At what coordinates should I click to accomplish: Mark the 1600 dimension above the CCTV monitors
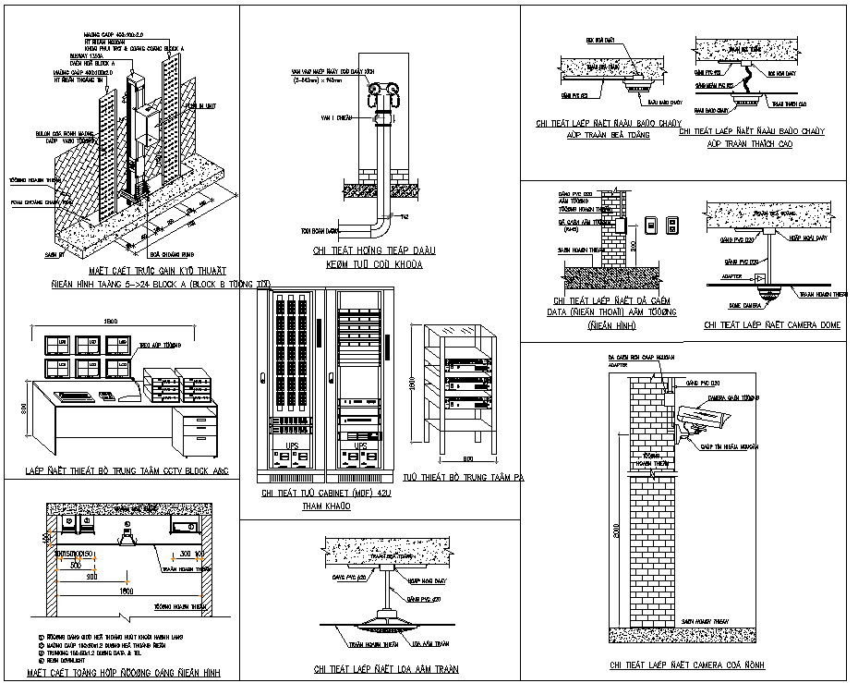111,320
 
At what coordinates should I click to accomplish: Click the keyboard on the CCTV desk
73,395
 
